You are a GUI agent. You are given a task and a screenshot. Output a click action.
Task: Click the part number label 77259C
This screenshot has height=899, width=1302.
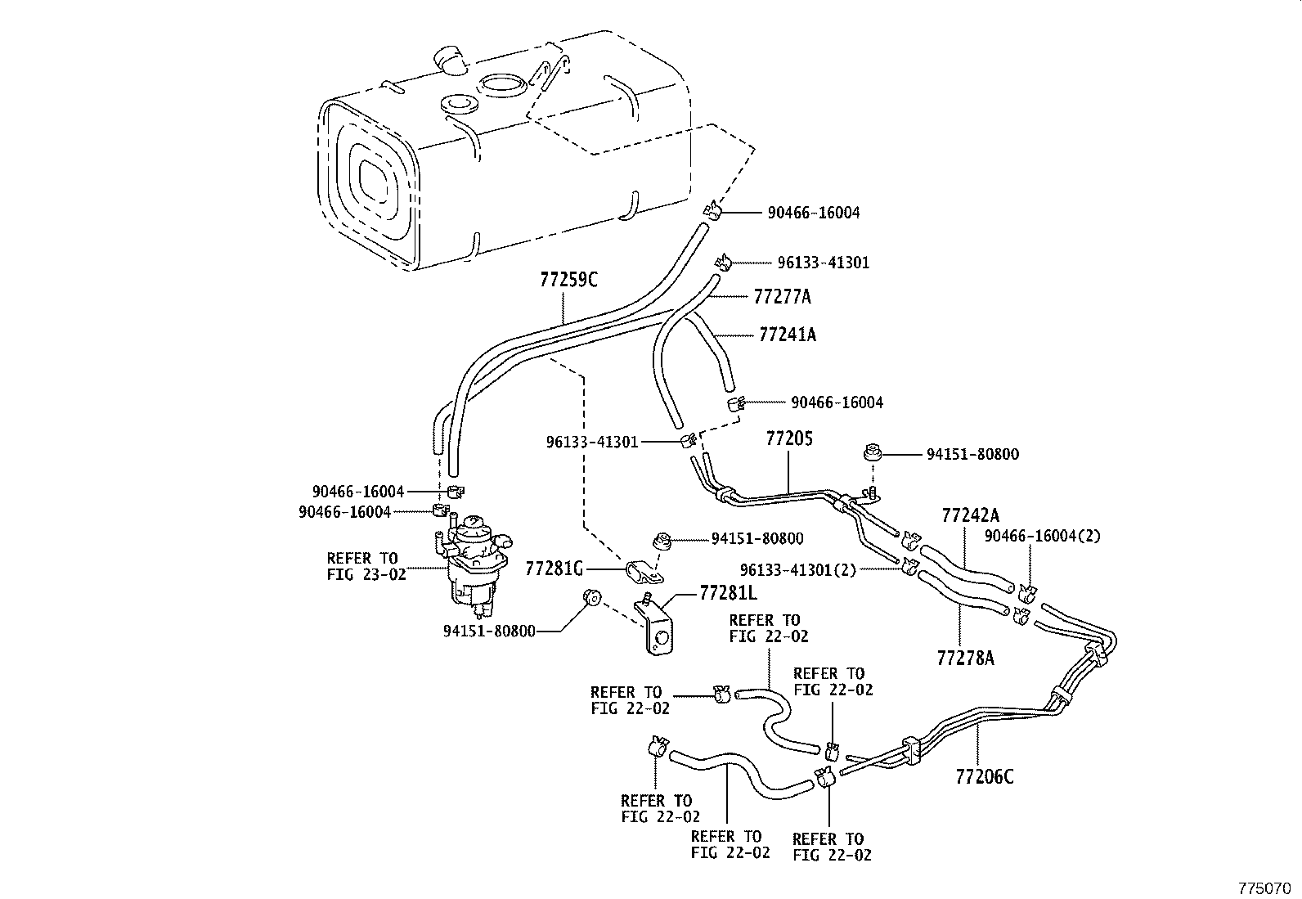click(x=568, y=280)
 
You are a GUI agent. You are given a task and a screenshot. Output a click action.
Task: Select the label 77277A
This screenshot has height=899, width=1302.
click(x=782, y=296)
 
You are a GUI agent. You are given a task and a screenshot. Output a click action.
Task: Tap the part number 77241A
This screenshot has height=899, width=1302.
click(x=787, y=335)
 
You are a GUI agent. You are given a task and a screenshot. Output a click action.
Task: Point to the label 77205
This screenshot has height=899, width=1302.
click(x=789, y=438)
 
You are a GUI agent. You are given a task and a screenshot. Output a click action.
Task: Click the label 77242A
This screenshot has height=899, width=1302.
click(x=970, y=515)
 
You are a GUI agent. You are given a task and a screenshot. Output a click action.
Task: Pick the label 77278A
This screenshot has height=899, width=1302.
click(x=965, y=657)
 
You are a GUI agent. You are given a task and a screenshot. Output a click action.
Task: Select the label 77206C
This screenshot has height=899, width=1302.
click(x=984, y=776)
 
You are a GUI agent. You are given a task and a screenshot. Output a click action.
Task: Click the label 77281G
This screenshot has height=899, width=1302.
click(x=554, y=568)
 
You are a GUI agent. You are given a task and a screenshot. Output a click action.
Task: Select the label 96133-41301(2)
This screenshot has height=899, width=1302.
click(x=797, y=569)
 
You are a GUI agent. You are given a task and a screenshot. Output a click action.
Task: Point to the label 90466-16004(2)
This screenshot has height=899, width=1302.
click(x=1043, y=537)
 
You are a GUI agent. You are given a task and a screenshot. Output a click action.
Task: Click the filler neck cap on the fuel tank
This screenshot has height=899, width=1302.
click(x=449, y=59)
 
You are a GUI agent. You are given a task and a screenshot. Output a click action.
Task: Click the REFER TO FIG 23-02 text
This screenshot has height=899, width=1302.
click(x=366, y=566)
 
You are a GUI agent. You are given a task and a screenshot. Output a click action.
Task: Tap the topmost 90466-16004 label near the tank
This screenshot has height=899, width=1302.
click(x=813, y=213)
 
